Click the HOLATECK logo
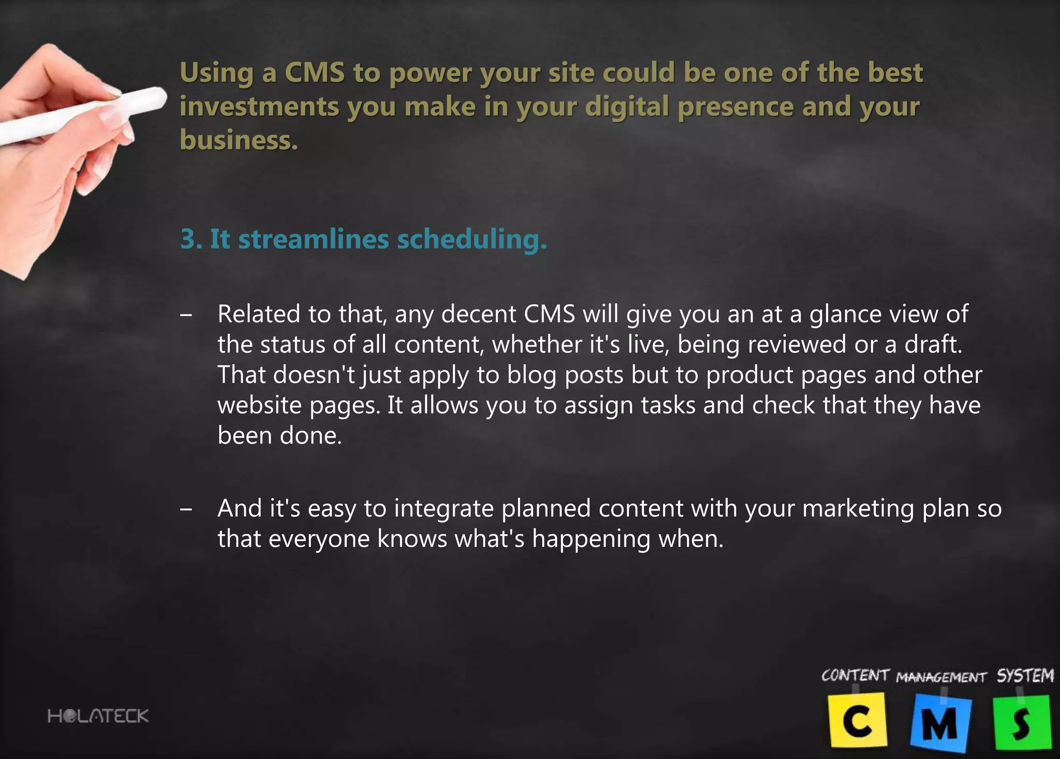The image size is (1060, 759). coord(98,716)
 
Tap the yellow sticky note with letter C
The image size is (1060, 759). coord(858,721)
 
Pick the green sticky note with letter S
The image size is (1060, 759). coord(1021,722)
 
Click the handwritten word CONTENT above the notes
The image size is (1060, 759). coord(855,676)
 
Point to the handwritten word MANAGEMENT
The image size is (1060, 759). coord(941,677)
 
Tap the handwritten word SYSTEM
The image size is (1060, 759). coord(1025,676)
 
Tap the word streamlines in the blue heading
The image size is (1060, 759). coord(313,240)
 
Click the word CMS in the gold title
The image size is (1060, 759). coord(314,72)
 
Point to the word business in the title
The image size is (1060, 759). coord(239,140)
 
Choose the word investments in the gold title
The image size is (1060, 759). coord(259,107)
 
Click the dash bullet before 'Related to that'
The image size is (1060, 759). coord(186,315)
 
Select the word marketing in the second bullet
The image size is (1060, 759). coord(858,509)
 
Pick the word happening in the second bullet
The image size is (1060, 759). coord(591,540)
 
